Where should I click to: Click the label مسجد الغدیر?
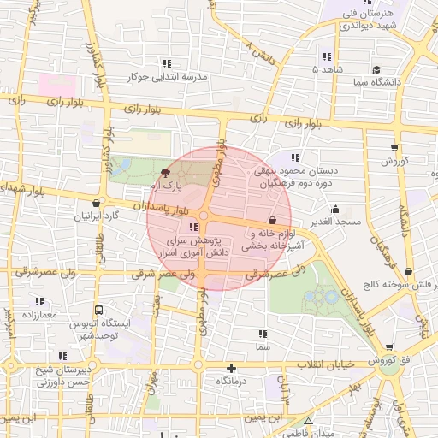(336, 222)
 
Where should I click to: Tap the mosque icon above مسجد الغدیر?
(336, 208)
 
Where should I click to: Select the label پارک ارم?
(166, 186)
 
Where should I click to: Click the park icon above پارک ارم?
(166, 173)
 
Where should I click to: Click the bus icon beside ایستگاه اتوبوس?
(99, 311)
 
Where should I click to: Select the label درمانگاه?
(232, 380)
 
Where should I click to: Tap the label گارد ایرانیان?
(98, 216)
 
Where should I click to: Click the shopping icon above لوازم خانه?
(272, 220)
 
